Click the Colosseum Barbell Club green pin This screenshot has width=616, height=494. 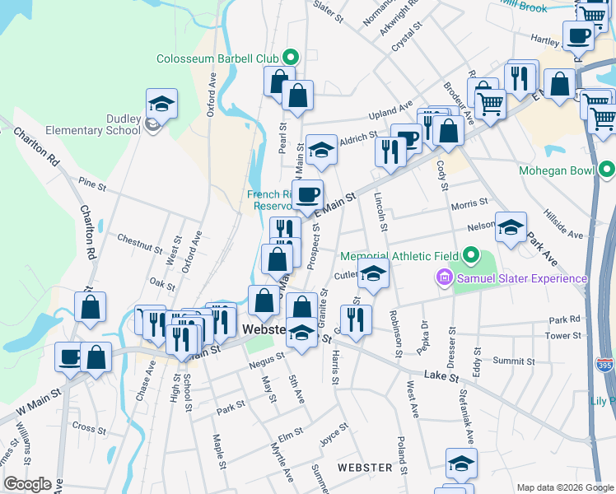[x=290, y=58]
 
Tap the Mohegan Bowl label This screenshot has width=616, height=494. [x=559, y=172]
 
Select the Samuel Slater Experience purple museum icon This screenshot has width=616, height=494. [x=446, y=278]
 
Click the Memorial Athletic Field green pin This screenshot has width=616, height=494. [x=471, y=256]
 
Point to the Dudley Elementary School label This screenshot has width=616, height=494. [x=112, y=123]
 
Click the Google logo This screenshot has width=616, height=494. [x=27, y=484]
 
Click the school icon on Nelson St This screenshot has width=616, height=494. [x=511, y=227]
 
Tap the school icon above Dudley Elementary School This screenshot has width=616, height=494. [x=162, y=104]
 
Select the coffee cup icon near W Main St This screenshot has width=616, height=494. [x=69, y=357]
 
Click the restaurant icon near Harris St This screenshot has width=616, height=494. [x=356, y=319]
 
